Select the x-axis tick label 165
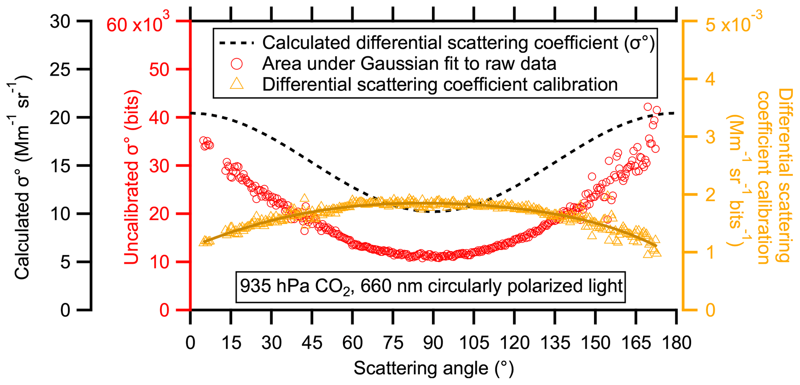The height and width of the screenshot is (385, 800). (636, 343)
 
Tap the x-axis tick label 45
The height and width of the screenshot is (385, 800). (312, 343)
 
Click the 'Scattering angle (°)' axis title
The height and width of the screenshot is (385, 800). (433, 368)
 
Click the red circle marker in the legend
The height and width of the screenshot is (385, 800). (236, 63)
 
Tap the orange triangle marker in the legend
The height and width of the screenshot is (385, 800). (236, 84)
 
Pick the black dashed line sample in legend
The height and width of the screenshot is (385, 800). (236, 43)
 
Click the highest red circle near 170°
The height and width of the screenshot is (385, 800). (648, 107)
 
